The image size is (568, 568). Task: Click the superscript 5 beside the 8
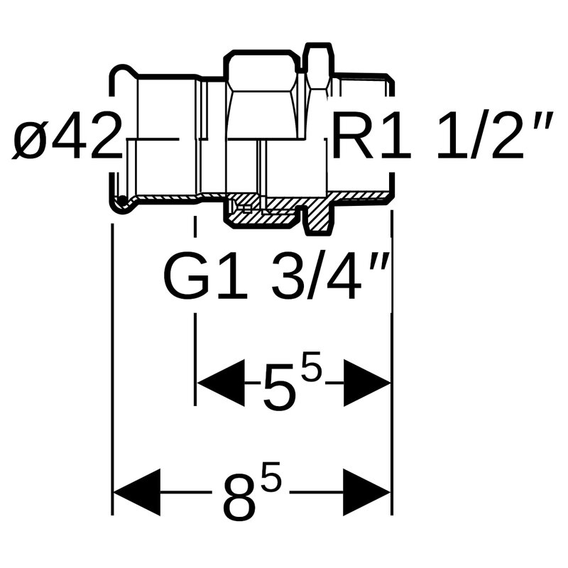(x=270, y=484)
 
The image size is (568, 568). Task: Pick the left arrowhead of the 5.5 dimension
(x=220, y=383)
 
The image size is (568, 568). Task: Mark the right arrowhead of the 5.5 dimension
(x=367, y=383)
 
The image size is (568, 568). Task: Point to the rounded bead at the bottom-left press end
(x=123, y=204)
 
